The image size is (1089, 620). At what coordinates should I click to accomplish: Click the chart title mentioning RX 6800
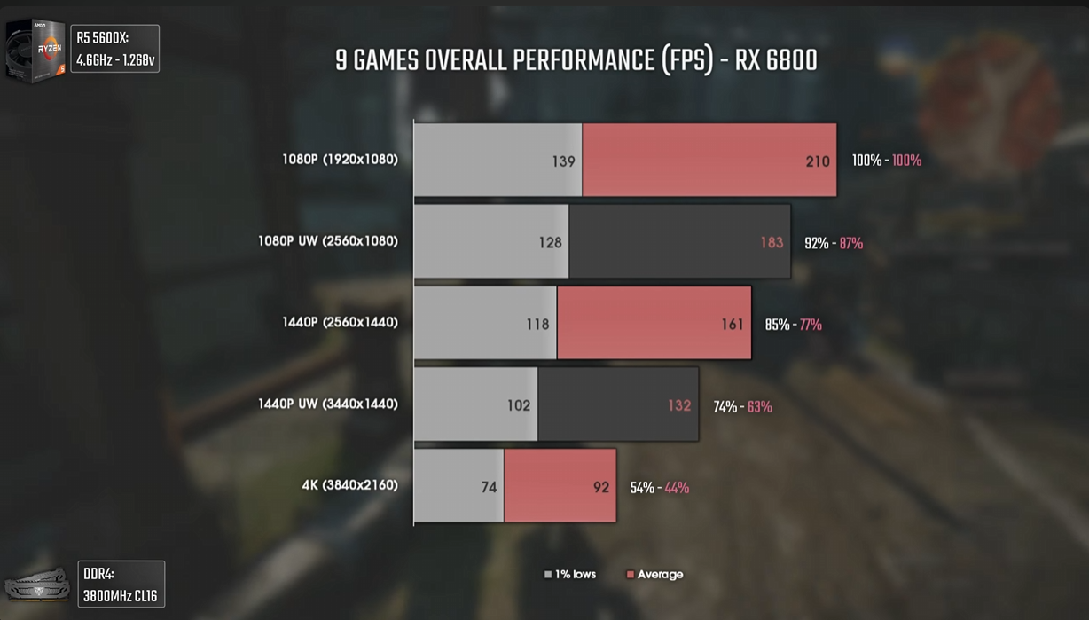point(576,60)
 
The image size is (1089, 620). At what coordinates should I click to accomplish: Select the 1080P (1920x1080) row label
point(340,160)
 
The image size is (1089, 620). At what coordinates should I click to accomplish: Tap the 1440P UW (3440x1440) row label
point(328,404)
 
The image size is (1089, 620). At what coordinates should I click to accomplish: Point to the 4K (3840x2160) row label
point(349,485)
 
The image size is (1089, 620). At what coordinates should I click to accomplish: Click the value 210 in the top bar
point(818,161)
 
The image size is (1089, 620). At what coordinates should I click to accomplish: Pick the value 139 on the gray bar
point(563,161)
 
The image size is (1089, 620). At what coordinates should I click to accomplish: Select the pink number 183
point(772,243)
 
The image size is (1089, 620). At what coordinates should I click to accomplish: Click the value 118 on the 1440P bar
point(537,325)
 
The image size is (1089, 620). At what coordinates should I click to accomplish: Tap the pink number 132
point(679,405)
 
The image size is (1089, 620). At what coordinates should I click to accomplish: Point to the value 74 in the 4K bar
point(489,487)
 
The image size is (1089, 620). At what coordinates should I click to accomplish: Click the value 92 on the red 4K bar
point(601,487)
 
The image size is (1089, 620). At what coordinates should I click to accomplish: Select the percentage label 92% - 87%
point(834,243)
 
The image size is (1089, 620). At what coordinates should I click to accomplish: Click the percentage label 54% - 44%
point(659,488)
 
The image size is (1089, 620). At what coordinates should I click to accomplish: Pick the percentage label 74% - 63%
point(742,406)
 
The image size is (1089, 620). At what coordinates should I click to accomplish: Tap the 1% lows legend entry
point(570,575)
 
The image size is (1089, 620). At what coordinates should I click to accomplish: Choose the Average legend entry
point(654,575)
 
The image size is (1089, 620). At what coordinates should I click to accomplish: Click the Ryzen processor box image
point(35,50)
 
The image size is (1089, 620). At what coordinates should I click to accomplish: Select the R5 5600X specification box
point(114,49)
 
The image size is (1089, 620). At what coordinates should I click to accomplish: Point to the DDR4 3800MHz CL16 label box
point(121,585)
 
